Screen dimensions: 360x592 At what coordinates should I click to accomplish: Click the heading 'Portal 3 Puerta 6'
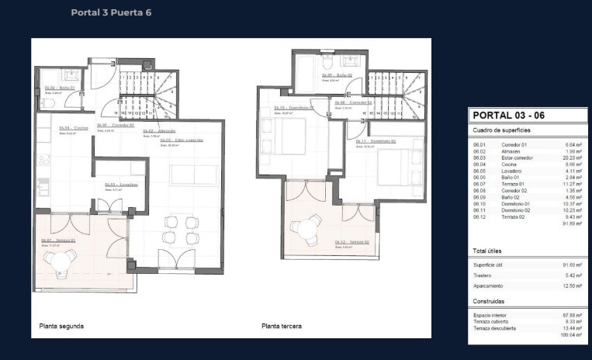[x=111, y=12]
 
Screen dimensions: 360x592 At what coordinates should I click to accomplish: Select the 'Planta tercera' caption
[x=282, y=327]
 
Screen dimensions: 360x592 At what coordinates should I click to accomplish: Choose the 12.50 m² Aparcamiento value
[x=573, y=286]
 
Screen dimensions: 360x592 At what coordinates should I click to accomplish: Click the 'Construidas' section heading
[x=489, y=300]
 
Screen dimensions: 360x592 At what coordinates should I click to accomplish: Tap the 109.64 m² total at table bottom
[x=573, y=335]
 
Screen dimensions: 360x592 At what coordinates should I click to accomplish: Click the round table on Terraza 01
[x=61, y=262]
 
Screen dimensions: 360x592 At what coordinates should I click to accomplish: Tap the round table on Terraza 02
[x=305, y=227]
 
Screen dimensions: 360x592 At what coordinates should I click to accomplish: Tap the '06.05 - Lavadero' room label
[x=120, y=185]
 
